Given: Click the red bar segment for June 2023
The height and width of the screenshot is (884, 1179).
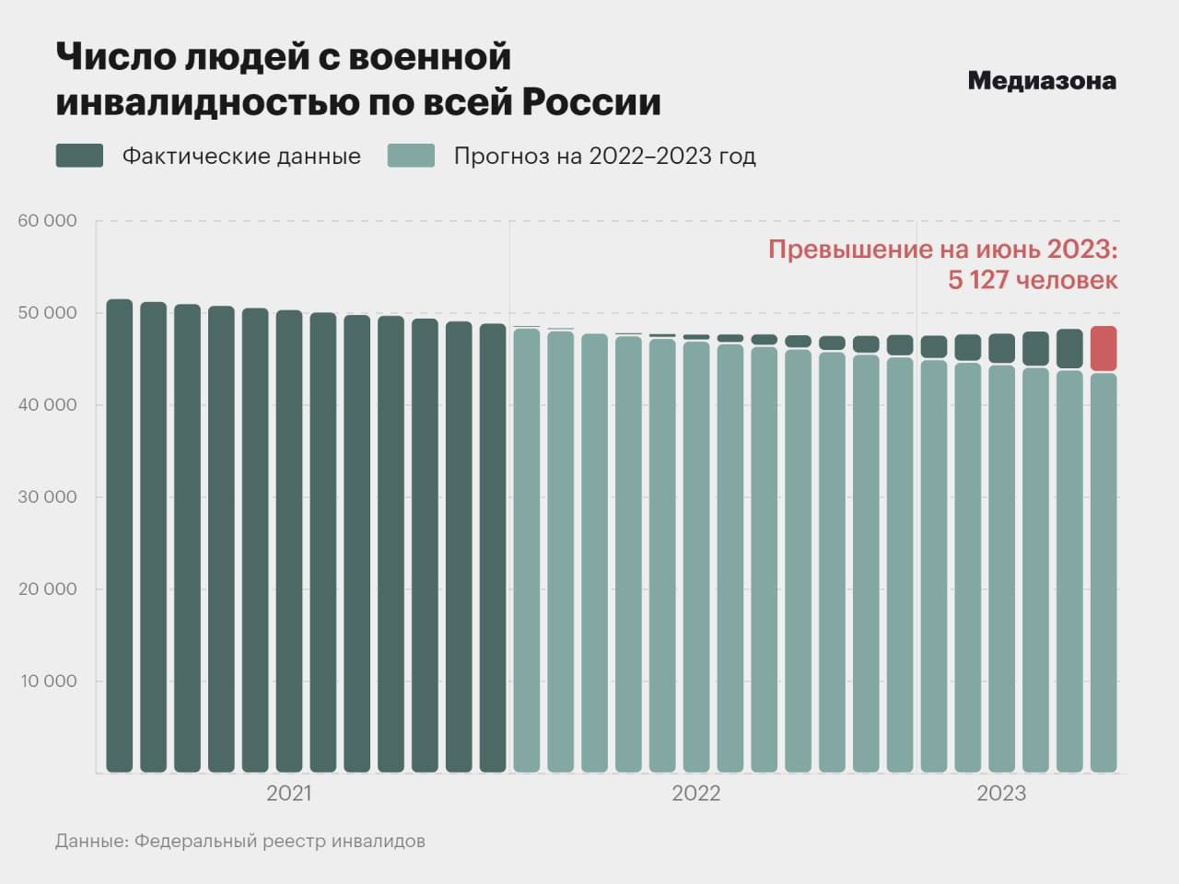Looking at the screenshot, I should click(x=1103, y=348).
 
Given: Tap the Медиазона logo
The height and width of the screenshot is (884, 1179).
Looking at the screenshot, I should click(x=1042, y=81).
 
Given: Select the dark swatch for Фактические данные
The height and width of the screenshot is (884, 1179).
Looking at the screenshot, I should click(x=79, y=156).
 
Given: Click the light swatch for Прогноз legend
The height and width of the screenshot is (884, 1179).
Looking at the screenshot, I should click(x=411, y=156).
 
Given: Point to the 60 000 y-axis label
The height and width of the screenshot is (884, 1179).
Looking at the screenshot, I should click(x=47, y=221).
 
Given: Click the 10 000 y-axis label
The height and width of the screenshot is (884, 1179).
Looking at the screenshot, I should click(x=47, y=681).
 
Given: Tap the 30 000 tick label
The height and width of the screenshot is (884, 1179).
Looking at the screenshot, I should click(x=47, y=497).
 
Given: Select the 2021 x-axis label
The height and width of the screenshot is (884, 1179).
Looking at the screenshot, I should click(x=288, y=794).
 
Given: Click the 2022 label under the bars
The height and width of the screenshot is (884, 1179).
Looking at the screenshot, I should click(x=695, y=794).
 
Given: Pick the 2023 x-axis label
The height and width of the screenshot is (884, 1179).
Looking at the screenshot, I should click(x=1000, y=794).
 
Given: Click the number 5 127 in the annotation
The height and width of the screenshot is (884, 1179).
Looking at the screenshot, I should click(x=979, y=280).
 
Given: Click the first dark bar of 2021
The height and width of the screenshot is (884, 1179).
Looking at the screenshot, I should click(x=120, y=534).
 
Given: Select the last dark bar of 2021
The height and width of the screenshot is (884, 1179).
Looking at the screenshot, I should click(x=493, y=548).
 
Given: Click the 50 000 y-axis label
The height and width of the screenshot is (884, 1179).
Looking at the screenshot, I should click(x=47, y=313).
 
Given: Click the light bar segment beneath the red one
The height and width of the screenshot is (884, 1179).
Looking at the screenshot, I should click(x=1103, y=571).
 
